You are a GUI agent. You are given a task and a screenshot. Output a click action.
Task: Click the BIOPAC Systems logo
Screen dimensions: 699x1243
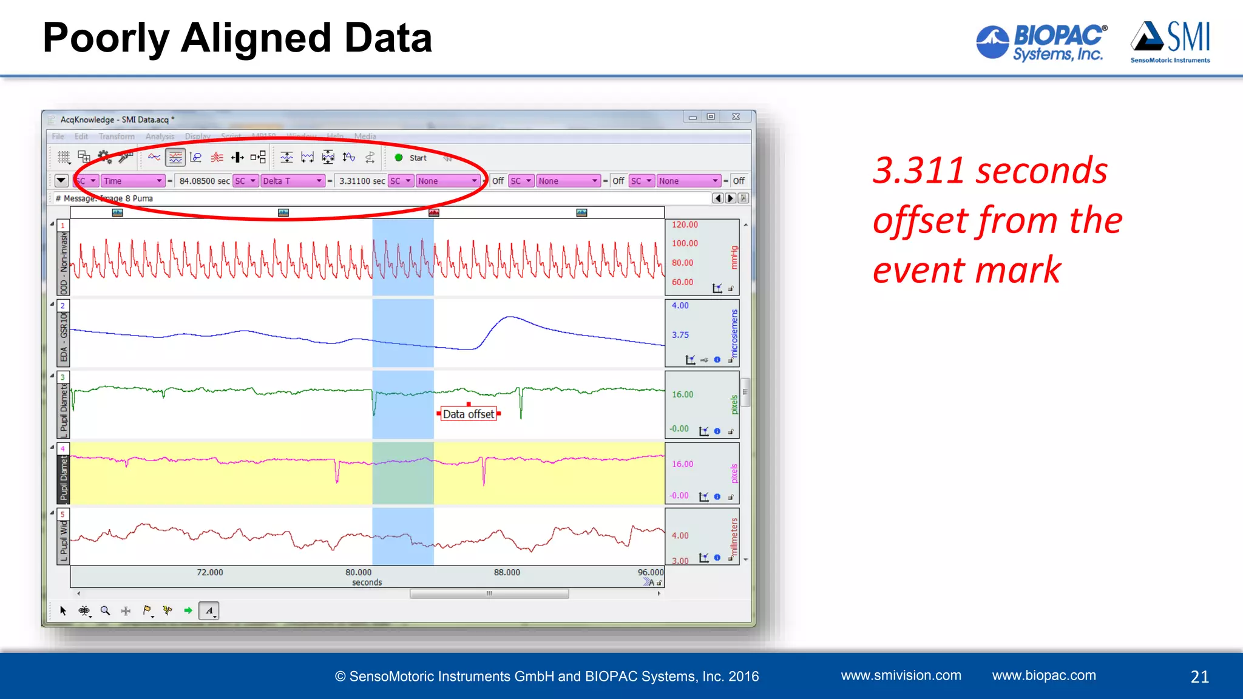click(1041, 42)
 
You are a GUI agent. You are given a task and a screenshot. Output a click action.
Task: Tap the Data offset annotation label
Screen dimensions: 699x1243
click(468, 414)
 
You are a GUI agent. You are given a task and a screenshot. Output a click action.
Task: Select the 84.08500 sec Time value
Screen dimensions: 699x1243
click(204, 181)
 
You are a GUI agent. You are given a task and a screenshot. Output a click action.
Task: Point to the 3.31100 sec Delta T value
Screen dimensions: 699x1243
click(362, 181)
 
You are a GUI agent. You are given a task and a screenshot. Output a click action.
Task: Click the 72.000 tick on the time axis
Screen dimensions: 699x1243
click(210, 572)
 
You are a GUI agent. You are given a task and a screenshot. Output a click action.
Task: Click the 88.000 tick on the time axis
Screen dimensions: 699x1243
click(507, 572)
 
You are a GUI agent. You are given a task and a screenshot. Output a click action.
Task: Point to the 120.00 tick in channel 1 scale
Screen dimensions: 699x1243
click(685, 225)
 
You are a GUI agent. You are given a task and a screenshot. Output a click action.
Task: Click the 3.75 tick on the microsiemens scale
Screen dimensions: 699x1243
click(680, 335)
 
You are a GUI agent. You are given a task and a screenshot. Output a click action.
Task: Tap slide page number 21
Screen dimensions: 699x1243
click(1199, 677)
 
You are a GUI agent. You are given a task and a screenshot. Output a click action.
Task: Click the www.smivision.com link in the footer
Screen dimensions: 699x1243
click(901, 675)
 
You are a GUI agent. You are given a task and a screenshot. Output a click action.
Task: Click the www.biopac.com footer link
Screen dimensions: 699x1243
click(1044, 675)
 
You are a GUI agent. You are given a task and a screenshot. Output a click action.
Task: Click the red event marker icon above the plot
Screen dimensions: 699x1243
click(433, 212)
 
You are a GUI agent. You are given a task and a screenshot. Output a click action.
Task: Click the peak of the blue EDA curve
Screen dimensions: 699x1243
click(511, 317)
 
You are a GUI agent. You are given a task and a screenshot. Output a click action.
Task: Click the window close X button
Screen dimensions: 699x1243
click(736, 116)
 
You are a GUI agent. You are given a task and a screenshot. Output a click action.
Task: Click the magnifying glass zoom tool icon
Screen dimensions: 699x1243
click(105, 610)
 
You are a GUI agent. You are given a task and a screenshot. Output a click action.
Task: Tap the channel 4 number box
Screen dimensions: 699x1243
click(63, 449)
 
